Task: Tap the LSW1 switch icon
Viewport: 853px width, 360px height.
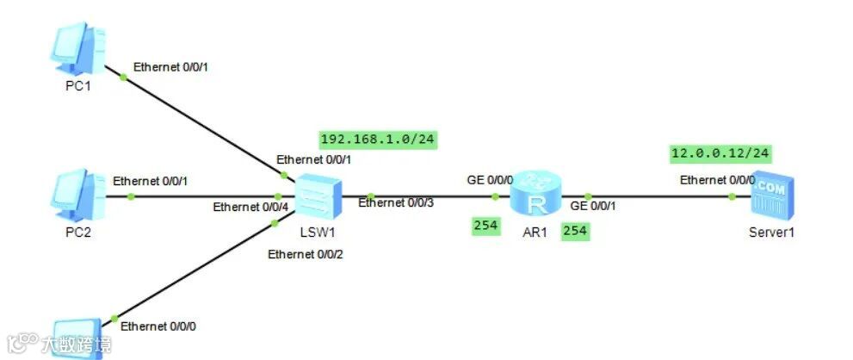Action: [318, 197]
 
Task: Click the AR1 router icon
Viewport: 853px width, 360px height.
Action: [534, 195]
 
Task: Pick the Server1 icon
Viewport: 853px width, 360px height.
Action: [770, 197]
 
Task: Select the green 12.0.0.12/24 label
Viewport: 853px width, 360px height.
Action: [720, 154]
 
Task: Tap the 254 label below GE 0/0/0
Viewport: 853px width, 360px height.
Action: [485, 226]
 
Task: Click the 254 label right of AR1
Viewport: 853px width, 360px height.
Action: [574, 232]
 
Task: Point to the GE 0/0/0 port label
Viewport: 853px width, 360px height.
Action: [490, 180]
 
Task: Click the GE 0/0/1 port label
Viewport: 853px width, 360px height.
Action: [594, 206]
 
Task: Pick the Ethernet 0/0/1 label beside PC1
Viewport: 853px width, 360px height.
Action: [171, 66]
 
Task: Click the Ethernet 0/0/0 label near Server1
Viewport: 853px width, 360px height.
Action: [717, 180]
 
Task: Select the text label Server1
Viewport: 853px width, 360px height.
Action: [770, 233]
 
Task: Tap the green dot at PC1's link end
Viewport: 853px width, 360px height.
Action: [123, 78]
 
